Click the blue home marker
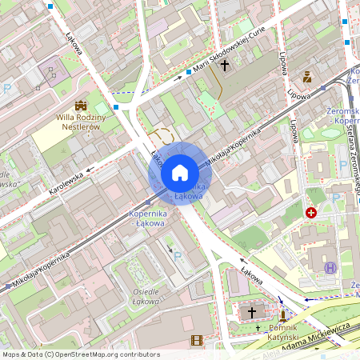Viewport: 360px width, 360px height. pyautogui.click(x=180, y=173)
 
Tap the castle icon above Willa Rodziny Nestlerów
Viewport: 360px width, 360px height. pyautogui.click(x=81, y=106)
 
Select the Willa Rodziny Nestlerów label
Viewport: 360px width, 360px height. pyautogui.click(x=82, y=122)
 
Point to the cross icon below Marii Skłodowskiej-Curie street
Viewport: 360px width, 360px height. pyautogui.click(x=225, y=66)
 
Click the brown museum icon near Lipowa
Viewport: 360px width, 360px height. pyautogui.click(x=307, y=77)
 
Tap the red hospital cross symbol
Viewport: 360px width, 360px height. pyautogui.click(x=311, y=213)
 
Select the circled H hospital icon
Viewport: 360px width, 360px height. pyautogui.click(x=331, y=267)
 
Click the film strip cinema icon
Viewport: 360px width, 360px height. pyautogui.click(x=197, y=341)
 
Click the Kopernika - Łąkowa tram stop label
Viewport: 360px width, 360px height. pyautogui.click(x=147, y=218)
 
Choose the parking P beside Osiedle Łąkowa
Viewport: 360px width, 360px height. pyautogui.click(x=178, y=257)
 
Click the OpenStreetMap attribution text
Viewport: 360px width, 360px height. pyautogui.click(x=80, y=354)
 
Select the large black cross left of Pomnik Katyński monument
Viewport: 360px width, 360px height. pyautogui.click(x=253, y=312)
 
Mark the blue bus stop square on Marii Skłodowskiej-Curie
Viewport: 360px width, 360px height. pyautogui.click(x=189, y=72)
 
